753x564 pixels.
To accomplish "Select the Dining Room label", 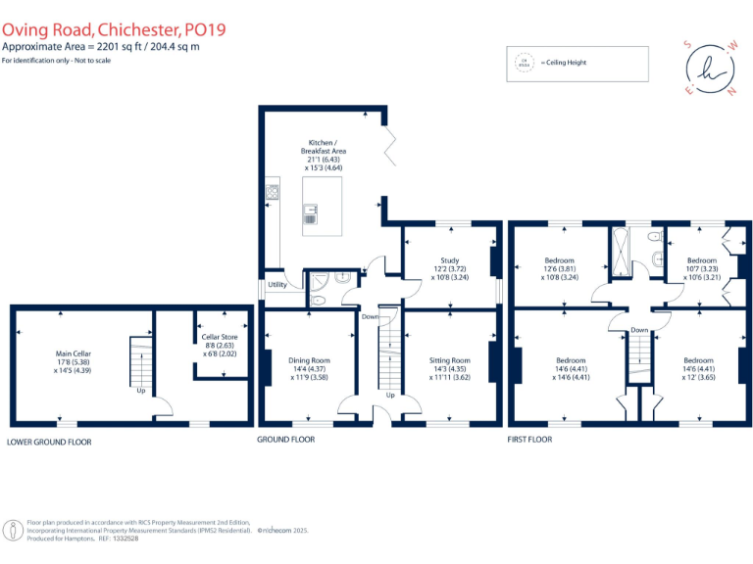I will coord(309,367).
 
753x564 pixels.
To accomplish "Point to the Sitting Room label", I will coord(450,367).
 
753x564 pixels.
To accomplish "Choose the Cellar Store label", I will coord(220,345).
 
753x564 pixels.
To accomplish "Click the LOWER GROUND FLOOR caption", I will coord(49,442).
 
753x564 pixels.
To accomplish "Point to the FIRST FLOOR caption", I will coord(529,440).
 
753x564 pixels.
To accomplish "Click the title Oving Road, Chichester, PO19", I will coord(114,29).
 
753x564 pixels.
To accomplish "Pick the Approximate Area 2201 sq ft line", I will coord(101,47).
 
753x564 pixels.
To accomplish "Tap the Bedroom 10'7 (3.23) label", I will coord(701,268).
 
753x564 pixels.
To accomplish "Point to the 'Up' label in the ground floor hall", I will coord(389,396).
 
